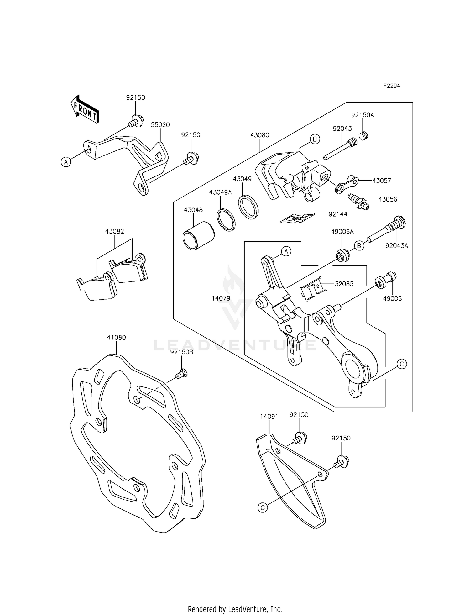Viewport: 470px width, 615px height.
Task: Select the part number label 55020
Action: [160, 125]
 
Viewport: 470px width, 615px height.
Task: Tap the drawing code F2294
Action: [391, 86]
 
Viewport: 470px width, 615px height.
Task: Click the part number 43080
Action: [260, 135]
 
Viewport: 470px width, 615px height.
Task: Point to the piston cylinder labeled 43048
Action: [199, 236]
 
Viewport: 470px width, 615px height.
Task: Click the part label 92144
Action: [338, 214]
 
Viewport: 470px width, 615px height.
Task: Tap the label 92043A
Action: [397, 246]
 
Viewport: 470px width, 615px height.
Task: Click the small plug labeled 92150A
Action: [363, 136]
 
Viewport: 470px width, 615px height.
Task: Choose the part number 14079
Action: [221, 298]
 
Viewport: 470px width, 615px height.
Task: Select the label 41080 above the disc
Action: [116, 338]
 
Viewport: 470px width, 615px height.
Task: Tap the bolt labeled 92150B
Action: [182, 373]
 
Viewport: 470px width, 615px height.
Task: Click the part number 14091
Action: [269, 417]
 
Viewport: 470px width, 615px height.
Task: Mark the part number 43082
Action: [115, 231]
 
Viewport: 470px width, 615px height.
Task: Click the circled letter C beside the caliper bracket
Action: [402, 364]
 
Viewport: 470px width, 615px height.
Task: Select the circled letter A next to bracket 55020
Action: [65, 162]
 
